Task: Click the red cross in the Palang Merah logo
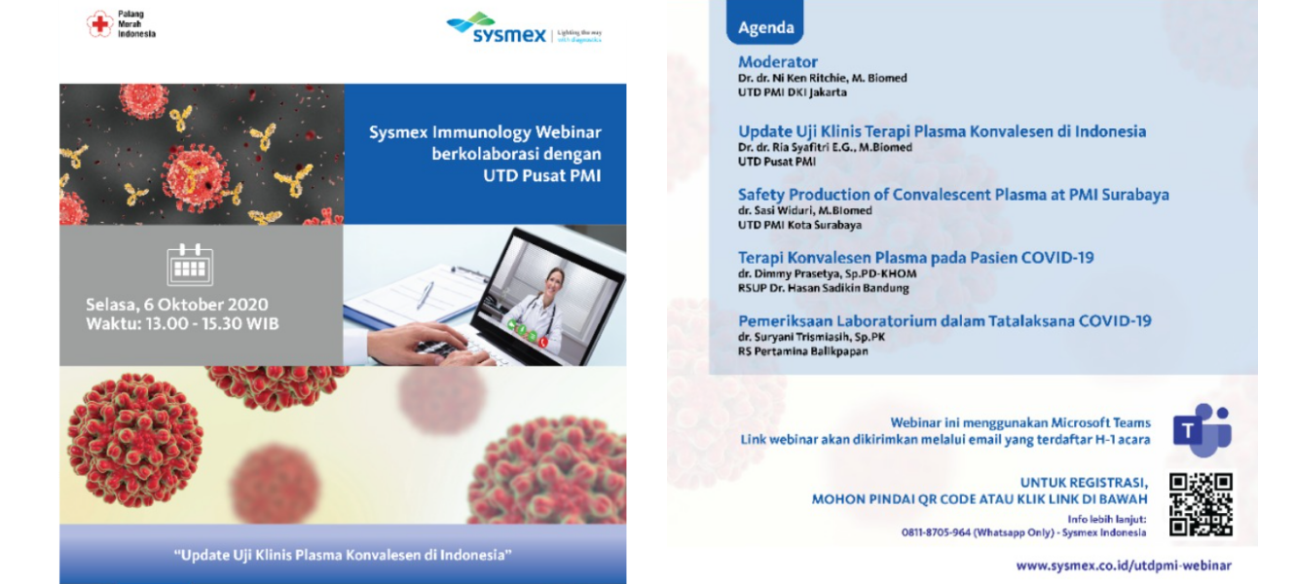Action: pyautogui.click(x=100, y=24)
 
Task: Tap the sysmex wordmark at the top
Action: pyautogui.click(x=509, y=35)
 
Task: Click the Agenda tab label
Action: pyautogui.click(x=766, y=27)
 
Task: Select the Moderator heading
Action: pyautogui.click(x=778, y=62)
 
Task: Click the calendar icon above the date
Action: pyautogui.click(x=190, y=265)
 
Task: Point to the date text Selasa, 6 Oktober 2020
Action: pyautogui.click(x=177, y=305)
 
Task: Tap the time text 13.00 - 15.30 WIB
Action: pyautogui.click(x=212, y=323)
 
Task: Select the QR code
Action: pyautogui.click(x=1201, y=504)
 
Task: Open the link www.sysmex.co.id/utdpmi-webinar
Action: pyautogui.click(x=1124, y=566)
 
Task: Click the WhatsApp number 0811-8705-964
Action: pyautogui.click(x=936, y=532)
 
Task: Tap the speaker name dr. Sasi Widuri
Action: pyautogui.click(x=775, y=211)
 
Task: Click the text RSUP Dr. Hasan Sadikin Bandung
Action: pyautogui.click(x=824, y=288)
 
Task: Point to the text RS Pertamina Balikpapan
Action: pyautogui.click(x=803, y=351)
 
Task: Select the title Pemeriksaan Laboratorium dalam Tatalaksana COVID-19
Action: pyautogui.click(x=944, y=321)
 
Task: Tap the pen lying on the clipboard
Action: pyautogui.click(x=425, y=295)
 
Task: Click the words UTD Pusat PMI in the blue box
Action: pyautogui.click(x=542, y=175)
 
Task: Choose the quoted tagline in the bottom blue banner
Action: pyautogui.click(x=343, y=555)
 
